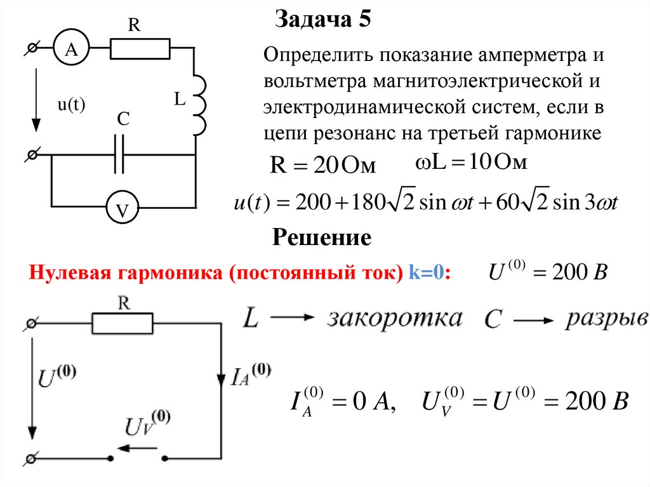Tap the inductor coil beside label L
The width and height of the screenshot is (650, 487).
click(x=199, y=103)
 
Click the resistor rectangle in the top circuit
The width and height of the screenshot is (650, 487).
click(x=140, y=48)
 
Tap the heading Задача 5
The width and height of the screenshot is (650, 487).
click(x=322, y=20)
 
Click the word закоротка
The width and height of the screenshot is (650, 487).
click(x=395, y=319)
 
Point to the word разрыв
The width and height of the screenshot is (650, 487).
click(x=607, y=317)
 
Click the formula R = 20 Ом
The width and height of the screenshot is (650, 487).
click(x=323, y=166)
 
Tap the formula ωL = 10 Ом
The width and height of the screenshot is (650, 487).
click(x=471, y=164)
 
